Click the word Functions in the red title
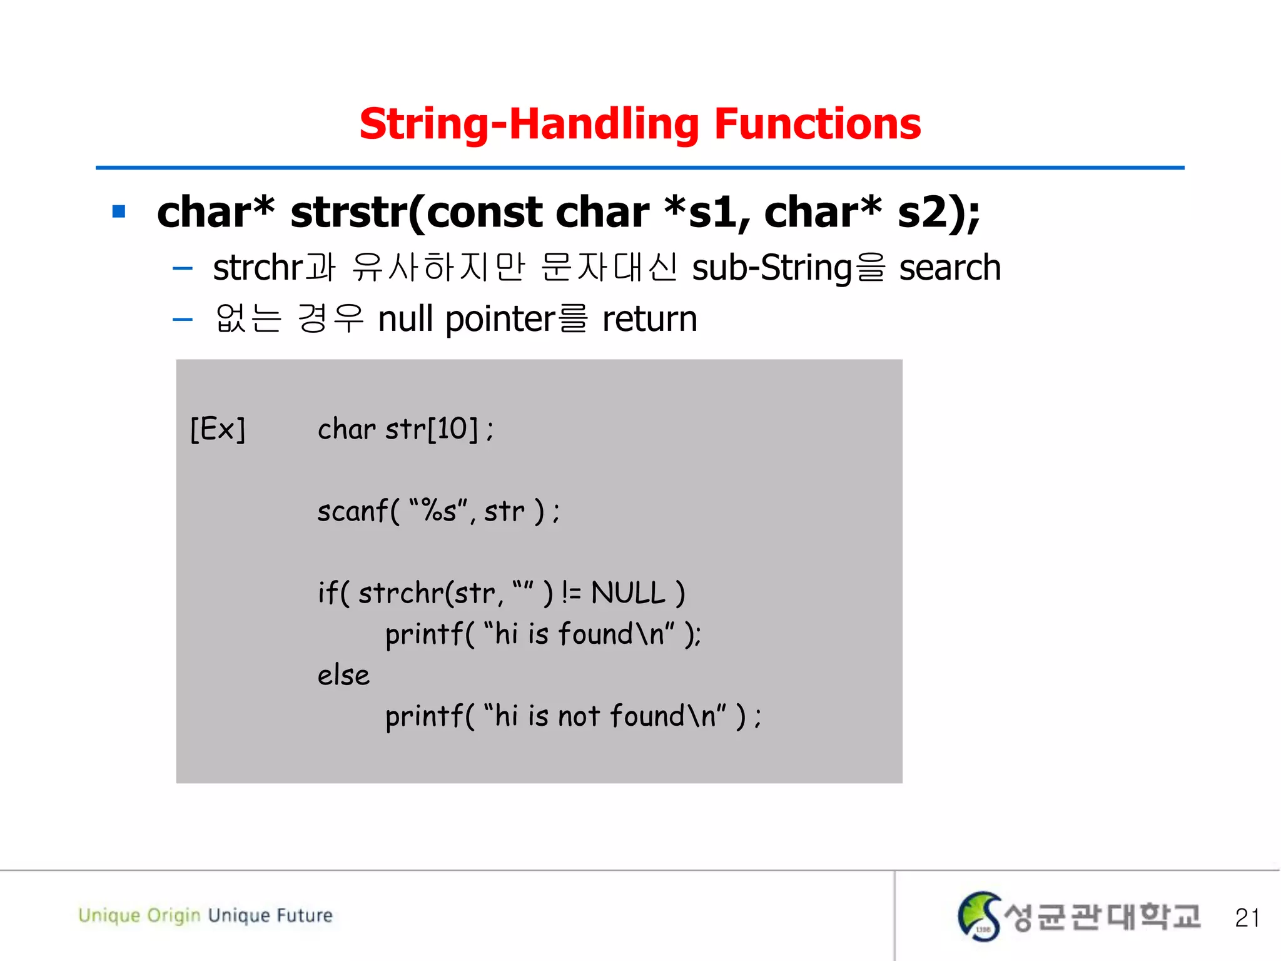817,124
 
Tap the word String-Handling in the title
529,124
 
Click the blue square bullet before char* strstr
119,211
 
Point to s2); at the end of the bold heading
938,213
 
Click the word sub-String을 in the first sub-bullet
788,268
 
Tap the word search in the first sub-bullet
949,268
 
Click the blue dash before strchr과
182,269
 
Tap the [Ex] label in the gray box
218,429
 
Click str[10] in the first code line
432,429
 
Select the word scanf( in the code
358,511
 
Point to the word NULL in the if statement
628,592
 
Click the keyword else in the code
343,675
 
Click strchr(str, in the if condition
430,592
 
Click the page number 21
1247,917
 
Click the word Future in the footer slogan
305,915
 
